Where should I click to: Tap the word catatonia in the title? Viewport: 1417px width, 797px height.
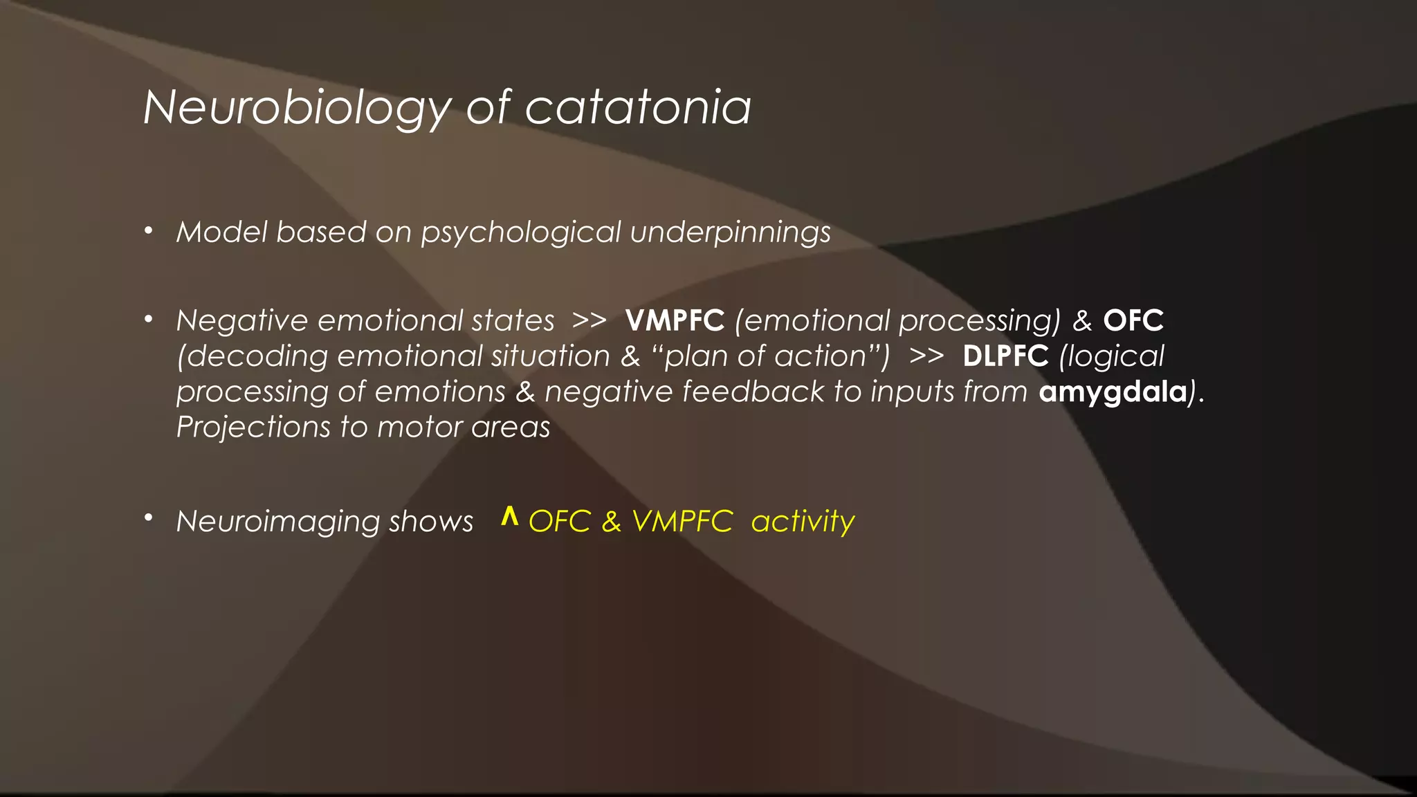coord(637,109)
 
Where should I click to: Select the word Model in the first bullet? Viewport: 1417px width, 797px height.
coord(221,232)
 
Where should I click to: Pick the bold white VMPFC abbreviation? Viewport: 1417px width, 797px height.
coord(675,321)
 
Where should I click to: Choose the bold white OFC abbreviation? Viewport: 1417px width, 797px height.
coord(1133,321)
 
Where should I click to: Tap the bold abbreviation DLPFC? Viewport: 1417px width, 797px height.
coord(1005,356)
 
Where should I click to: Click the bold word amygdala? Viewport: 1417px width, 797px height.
coord(1113,392)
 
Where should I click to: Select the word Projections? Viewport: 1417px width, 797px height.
coord(253,428)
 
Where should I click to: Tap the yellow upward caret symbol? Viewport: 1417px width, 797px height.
coord(510,516)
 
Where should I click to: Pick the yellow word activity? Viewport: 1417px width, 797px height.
coord(803,522)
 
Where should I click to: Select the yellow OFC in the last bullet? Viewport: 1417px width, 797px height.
coord(560,522)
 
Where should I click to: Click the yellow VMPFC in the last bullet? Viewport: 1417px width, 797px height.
coord(682,522)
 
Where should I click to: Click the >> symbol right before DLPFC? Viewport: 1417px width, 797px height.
coord(926,356)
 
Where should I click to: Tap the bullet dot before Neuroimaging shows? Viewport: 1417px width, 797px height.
coord(148,518)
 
